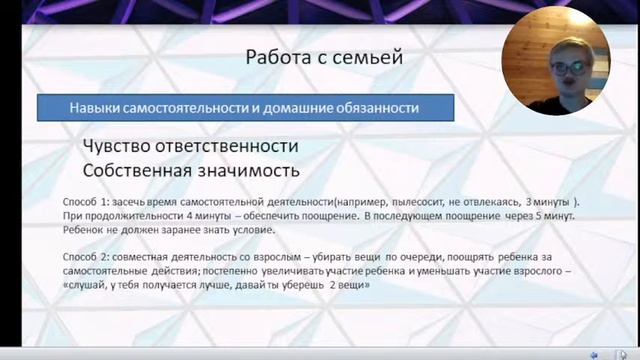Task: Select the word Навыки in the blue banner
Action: click(95, 107)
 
